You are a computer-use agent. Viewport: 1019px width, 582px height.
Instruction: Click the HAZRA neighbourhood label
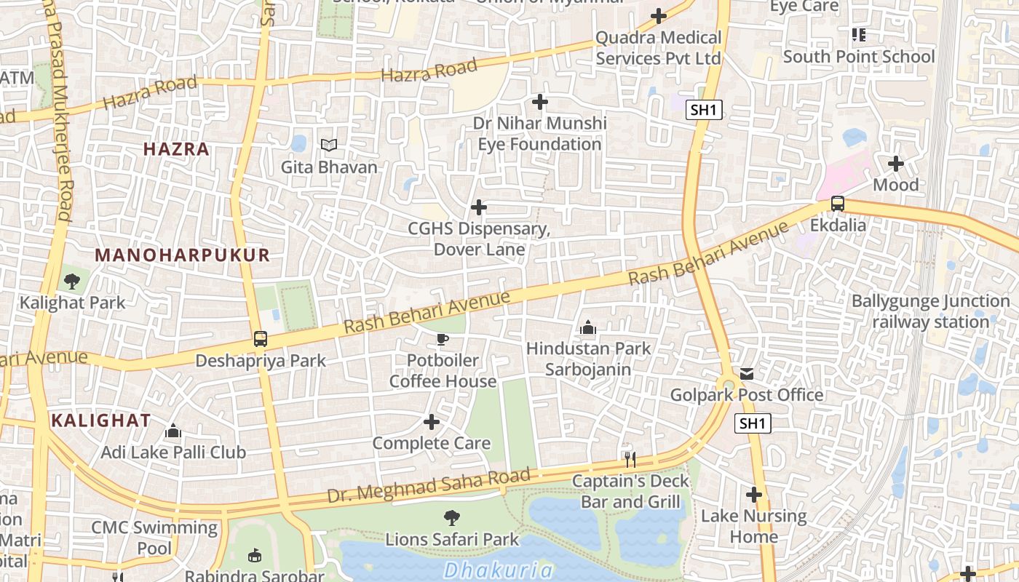pyautogui.click(x=176, y=149)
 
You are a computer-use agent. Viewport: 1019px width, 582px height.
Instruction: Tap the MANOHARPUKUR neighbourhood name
pyautogui.click(x=183, y=255)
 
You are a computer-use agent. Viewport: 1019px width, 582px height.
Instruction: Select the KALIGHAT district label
pyautogui.click(x=101, y=420)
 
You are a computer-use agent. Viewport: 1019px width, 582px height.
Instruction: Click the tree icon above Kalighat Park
pyautogui.click(x=72, y=281)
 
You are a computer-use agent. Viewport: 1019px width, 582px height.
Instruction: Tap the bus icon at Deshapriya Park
pyautogui.click(x=261, y=339)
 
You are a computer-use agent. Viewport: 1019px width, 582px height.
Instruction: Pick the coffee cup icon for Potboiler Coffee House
pyautogui.click(x=443, y=339)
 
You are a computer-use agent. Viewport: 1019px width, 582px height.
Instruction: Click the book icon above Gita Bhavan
pyautogui.click(x=329, y=145)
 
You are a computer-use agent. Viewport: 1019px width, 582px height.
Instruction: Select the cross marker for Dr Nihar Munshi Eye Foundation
pyautogui.click(x=539, y=102)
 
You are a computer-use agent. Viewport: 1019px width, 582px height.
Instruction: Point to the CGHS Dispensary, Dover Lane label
pyautogui.click(x=479, y=239)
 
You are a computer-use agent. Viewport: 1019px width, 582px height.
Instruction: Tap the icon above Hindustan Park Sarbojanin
pyautogui.click(x=588, y=327)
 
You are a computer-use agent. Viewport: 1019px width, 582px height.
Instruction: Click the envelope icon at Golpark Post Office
pyautogui.click(x=747, y=374)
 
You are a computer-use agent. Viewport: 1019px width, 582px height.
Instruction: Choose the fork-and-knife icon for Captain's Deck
pyautogui.click(x=630, y=459)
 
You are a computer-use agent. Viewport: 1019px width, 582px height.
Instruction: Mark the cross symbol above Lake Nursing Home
pyautogui.click(x=754, y=495)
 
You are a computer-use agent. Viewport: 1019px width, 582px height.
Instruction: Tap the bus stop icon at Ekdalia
pyautogui.click(x=838, y=204)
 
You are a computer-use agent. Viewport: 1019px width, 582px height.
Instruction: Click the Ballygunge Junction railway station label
pyautogui.click(x=930, y=311)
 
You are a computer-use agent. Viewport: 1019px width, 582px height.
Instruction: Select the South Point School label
pyautogui.click(x=859, y=57)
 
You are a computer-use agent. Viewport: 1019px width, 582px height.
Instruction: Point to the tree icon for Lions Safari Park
pyautogui.click(x=452, y=518)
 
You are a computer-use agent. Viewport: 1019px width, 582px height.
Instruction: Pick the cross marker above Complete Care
pyautogui.click(x=432, y=422)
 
